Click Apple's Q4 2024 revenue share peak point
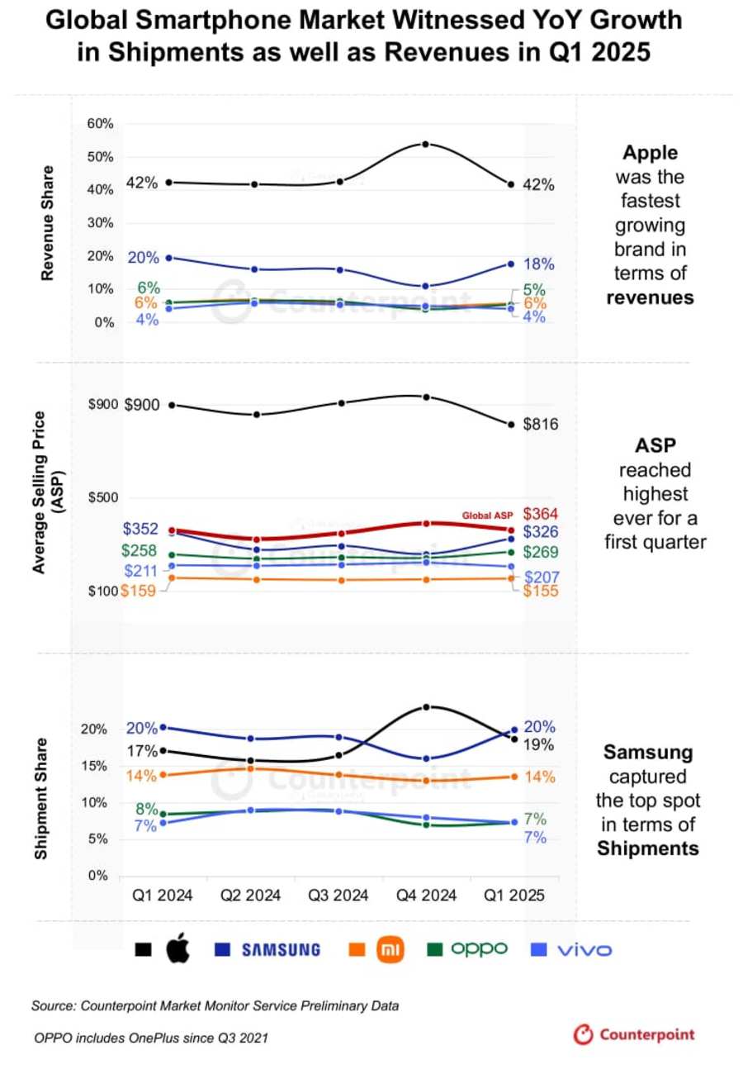coord(425,145)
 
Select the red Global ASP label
coord(487,516)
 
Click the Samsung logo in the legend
coord(280,950)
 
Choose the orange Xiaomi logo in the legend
coord(389,950)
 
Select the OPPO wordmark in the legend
coord(479,949)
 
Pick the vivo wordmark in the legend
coord(584,950)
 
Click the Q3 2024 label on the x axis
coord(338,896)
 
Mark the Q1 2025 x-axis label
coord(512,896)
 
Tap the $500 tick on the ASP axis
coord(104,497)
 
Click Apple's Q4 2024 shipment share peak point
coord(427,707)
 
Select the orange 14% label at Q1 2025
coord(540,777)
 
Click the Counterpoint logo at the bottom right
coord(635,1034)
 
